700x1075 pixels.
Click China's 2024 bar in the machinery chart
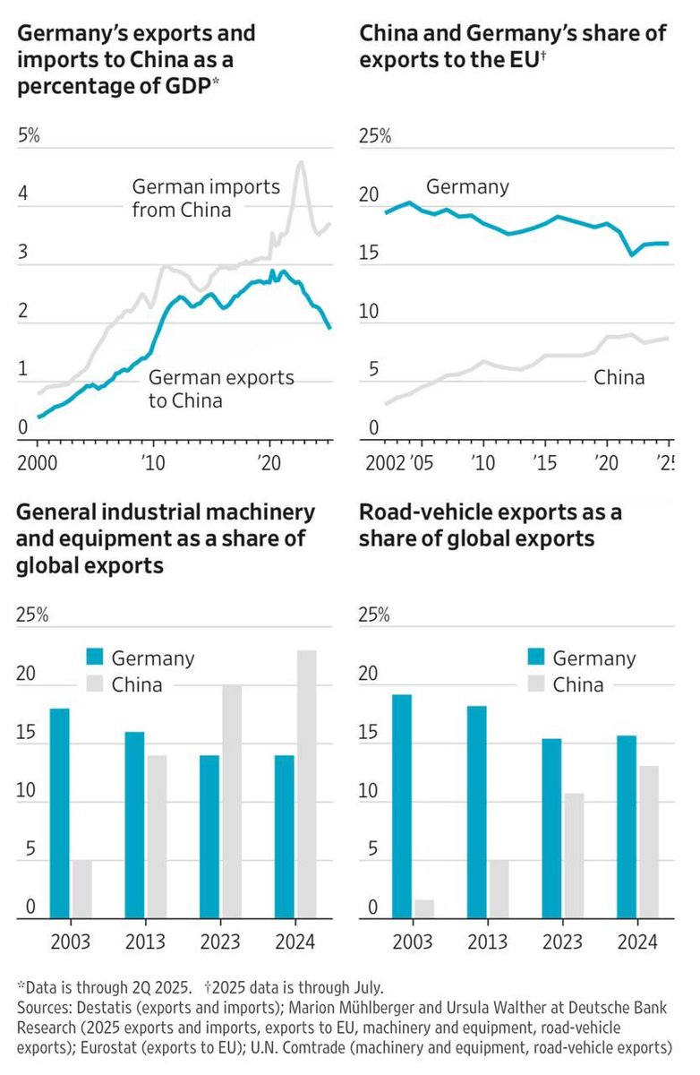[307, 784]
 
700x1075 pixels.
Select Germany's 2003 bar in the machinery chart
[60, 813]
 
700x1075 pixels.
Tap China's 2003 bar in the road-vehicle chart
[424, 908]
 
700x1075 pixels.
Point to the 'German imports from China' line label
[206, 199]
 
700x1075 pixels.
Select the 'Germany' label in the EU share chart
[467, 187]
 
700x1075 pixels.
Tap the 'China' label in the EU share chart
[619, 377]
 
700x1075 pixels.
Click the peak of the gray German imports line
[300, 162]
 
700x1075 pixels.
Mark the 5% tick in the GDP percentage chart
[30, 136]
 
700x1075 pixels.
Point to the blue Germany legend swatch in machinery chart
[97, 658]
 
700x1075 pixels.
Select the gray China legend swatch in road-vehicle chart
[536, 685]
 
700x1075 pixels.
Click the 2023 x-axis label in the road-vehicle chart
[562, 942]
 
